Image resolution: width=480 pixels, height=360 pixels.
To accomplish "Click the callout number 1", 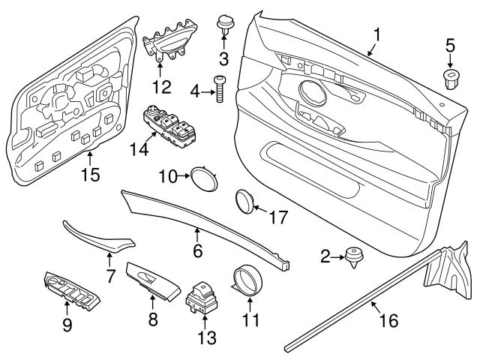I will click(x=377, y=34).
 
